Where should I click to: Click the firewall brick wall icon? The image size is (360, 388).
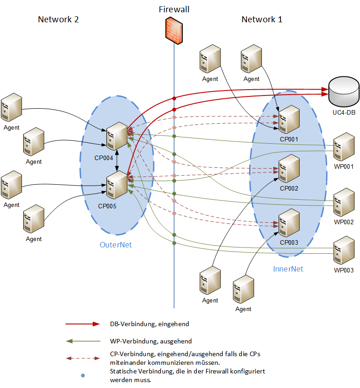[x=174, y=30]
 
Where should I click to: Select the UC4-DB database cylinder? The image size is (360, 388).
[x=344, y=91]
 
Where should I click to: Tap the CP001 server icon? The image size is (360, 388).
[x=289, y=119]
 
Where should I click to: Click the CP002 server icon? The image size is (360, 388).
[x=289, y=168]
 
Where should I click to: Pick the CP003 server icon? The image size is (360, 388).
[x=289, y=223]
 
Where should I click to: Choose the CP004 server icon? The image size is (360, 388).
[x=117, y=136]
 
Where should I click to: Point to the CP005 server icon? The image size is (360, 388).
[x=117, y=185]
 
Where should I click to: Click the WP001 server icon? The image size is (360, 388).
[x=344, y=147]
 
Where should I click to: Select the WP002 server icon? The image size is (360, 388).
[x=344, y=202]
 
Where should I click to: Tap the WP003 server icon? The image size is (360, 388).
[x=344, y=250]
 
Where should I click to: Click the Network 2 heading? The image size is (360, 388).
[x=58, y=19]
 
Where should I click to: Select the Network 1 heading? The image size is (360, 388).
[x=262, y=19]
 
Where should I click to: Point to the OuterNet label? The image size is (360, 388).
[x=116, y=245]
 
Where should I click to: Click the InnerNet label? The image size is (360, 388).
[x=288, y=269]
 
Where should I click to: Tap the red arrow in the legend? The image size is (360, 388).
[x=83, y=324]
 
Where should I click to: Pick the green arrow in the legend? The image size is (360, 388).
[x=83, y=341]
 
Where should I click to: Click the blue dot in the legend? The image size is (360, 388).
[x=83, y=375]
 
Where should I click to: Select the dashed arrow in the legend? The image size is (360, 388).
[x=83, y=358]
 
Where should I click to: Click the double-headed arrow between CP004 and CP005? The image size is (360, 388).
[x=117, y=161]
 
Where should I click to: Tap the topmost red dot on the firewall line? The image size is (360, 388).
[x=174, y=99]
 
